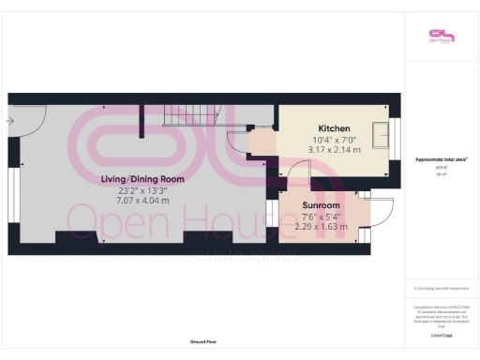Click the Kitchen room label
coord(334,127)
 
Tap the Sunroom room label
coord(321,204)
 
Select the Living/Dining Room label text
coord(142,178)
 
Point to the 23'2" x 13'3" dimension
coord(142,189)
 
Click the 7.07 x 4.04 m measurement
coord(142,201)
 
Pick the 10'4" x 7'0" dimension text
coord(334,139)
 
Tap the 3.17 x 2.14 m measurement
coord(334,149)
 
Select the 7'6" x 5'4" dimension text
coord(321,216)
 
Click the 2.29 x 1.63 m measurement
coord(321,226)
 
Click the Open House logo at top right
coord(441,36)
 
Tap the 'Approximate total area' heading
coord(441,159)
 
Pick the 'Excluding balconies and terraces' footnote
coord(441,288)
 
